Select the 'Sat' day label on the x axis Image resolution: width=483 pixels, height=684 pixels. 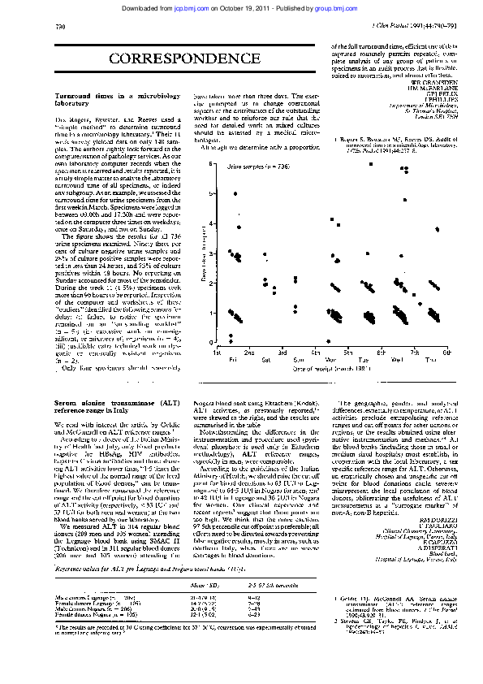click(264, 358)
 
